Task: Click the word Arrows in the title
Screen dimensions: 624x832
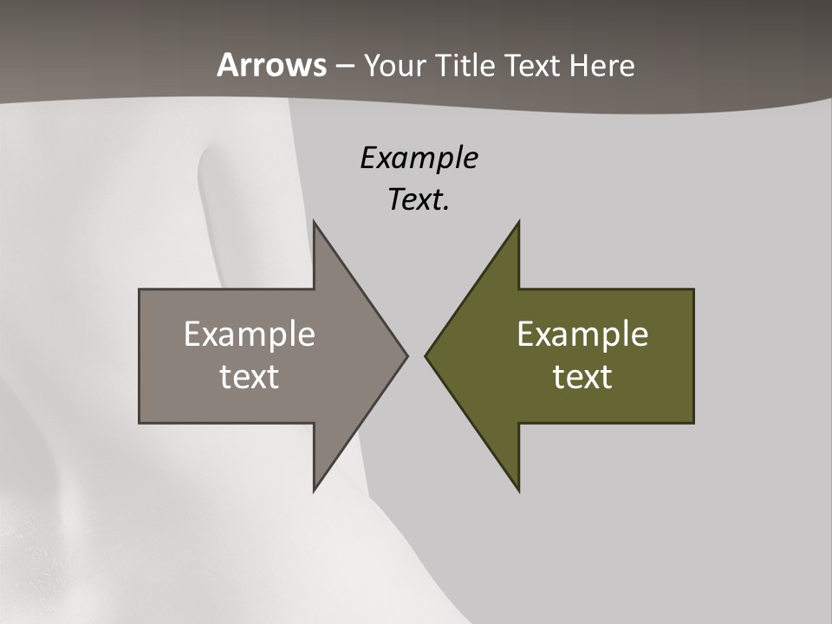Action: point(272,65)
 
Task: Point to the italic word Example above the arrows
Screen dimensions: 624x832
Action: point(419,159)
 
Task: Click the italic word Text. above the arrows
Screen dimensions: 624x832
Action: point(419,200)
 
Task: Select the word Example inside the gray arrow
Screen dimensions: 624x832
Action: point(250,335)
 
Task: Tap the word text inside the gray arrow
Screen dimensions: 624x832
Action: point(250,377)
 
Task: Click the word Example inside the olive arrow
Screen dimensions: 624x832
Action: point(582,335)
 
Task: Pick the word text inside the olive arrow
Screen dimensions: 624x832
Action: point(582,377)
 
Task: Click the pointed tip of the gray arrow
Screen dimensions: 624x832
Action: point(407,355)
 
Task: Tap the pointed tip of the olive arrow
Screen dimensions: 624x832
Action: point(425,355)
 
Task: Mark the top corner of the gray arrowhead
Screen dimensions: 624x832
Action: point(314,221)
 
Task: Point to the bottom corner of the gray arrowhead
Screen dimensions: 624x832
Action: point(314,491)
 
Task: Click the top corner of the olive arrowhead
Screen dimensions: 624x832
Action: point(518,221)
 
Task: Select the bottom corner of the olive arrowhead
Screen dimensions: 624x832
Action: point(518,491)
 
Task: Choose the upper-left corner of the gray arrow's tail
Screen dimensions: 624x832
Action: point(140,289)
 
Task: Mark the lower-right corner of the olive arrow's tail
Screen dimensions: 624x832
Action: point(693,423)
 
